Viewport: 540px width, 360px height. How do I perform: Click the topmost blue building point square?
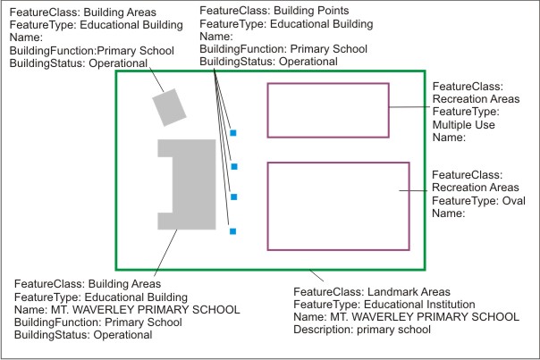[x=232, y=132]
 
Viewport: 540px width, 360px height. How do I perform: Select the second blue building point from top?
[x=233, y=166]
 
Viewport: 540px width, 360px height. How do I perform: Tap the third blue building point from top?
[x=233, y=197]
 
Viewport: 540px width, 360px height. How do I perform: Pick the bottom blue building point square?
[x=232, y=231]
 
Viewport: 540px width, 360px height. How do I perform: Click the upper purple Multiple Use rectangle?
[x=328, y=110]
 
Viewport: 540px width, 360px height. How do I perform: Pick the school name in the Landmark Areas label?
[x=406, y=317]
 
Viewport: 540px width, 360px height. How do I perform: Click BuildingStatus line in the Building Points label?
[x=267, y=62]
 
